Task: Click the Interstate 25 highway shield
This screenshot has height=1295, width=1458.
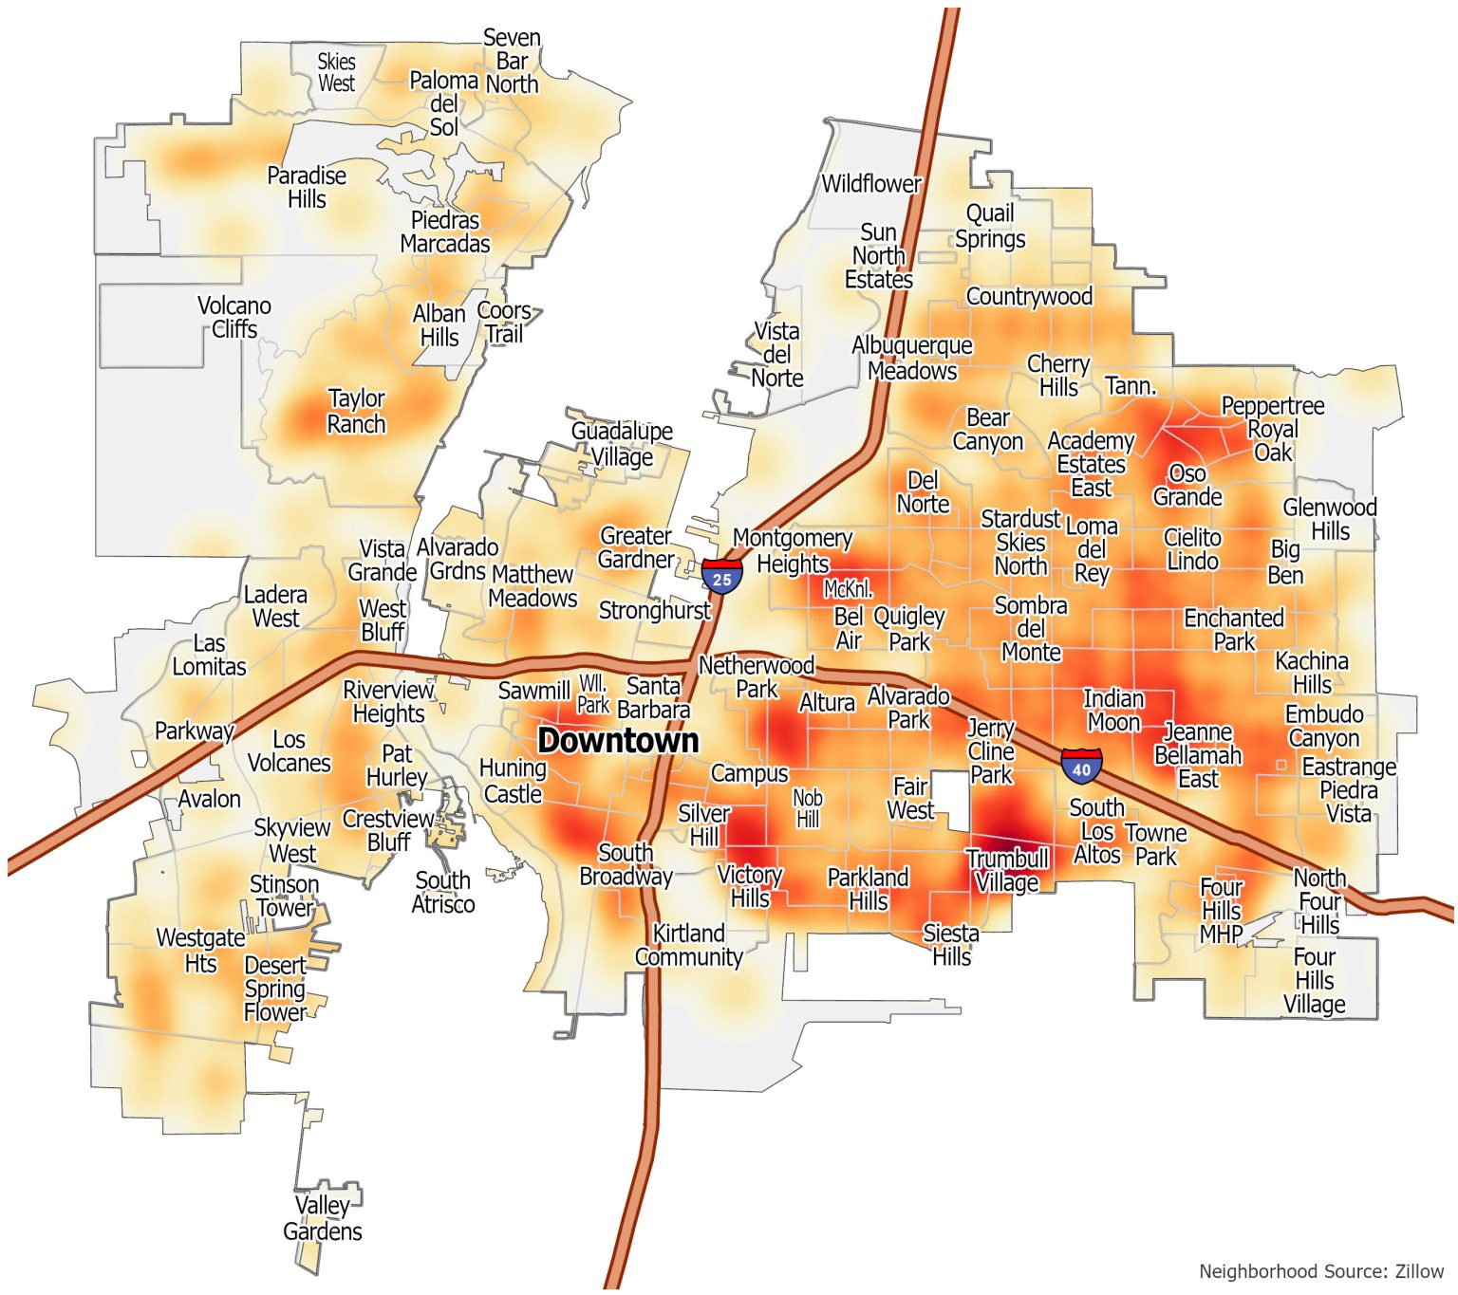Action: point(722,577)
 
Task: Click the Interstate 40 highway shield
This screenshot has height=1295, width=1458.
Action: point(1081,766)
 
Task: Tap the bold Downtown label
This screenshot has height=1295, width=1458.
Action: point(618,741)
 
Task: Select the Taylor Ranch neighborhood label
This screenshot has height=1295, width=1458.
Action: point(356,411)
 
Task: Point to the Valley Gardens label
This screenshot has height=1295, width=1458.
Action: point(323,1218)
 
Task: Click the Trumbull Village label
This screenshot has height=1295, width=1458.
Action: point(1007,870)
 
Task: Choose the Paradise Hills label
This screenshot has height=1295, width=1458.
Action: point(307,187)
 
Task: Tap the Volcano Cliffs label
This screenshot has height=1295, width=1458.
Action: point(234,317)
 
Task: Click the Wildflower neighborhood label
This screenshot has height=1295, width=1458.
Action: point(870,184)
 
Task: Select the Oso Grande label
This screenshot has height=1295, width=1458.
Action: point(1187,485)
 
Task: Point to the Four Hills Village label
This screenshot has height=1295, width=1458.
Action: point(1315,980)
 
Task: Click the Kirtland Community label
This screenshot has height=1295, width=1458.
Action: point(688,945)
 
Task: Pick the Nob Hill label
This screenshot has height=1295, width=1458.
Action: point(808,808)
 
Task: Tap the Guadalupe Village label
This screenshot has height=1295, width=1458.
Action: point(622,443)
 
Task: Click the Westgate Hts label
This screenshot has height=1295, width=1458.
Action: point(200,950)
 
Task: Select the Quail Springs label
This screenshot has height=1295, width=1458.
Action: point(990,226)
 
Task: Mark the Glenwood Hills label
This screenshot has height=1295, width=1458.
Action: point(1330,519)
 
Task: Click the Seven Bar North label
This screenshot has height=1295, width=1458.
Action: point(512,61)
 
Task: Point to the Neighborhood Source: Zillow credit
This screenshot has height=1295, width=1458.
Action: point(1320,1271)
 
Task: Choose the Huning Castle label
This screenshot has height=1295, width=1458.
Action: point(513,781)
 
